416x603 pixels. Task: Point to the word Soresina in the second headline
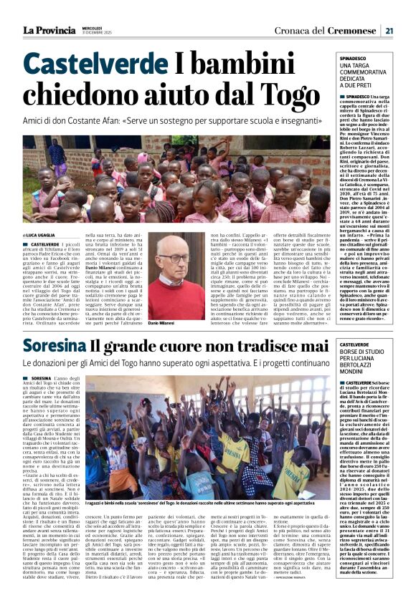(52, 346)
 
